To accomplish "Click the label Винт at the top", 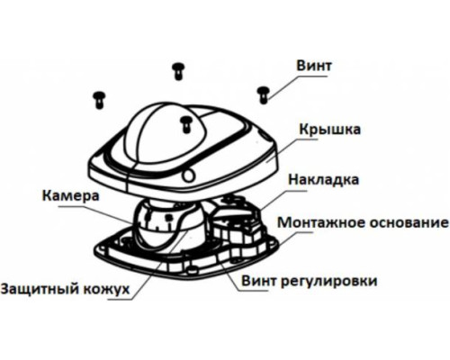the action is coord(314,66).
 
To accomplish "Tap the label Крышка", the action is coord(329,130).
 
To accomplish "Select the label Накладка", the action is coord(323,180).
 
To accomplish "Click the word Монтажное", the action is coord(320,223).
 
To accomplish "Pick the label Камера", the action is coord(70,196).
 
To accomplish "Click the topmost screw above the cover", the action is coord(178,71).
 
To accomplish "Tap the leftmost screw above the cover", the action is coord(99,100).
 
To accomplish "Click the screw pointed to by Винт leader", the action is coord(264,95).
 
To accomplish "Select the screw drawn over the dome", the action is coord(186,124).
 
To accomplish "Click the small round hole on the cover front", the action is coord(189,175).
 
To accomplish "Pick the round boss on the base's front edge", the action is coord(191,269).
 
